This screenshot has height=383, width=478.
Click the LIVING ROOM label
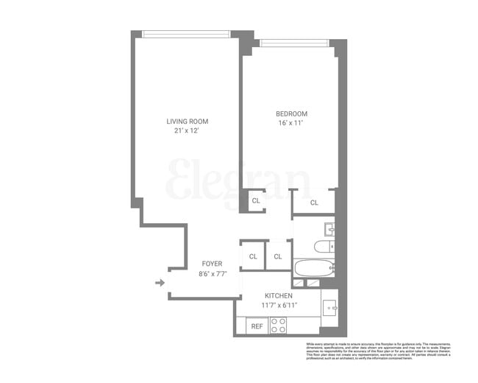[x=187, y=122]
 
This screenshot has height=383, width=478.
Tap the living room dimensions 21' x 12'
[x=187, y=131]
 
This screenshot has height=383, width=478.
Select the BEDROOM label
[x=291, y=113]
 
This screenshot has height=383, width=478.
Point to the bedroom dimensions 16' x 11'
[x=291, y=123]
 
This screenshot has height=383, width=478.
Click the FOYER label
[x=212, y=264]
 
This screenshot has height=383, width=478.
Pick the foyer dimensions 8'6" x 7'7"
[x=212, y=274]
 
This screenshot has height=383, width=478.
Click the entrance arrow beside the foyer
[x=160, y=281]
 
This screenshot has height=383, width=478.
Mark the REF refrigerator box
[x=257, y=325]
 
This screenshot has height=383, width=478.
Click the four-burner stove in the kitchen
[x=278, y=325]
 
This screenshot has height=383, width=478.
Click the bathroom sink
[x=330, y=228]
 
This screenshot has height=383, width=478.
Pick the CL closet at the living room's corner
[x=255, y=200]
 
